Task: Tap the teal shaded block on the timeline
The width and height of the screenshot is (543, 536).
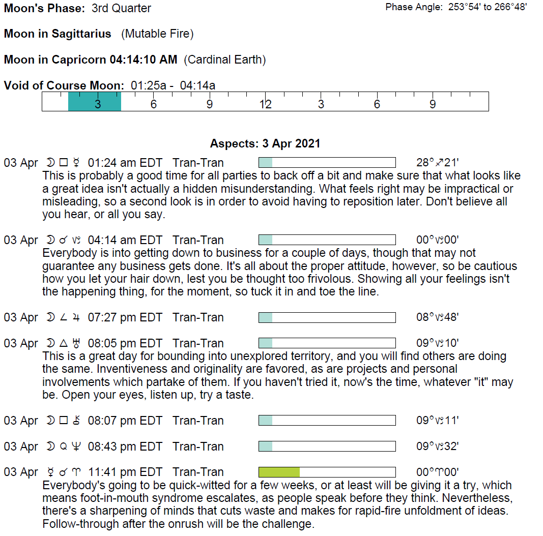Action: point(95,102)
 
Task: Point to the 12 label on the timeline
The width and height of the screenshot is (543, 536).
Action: point(265,104)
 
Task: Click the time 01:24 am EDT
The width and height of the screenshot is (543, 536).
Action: point(125,163)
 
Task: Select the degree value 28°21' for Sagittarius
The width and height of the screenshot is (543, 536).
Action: point(437,163)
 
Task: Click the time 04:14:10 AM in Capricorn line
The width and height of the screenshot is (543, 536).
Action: point(143,59)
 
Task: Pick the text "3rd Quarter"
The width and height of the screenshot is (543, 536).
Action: point(121,8)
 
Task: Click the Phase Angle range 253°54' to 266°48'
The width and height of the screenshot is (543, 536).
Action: point(488,7)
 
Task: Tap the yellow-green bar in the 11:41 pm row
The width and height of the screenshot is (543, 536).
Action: point(279,472)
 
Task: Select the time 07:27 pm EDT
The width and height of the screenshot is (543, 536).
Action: point(125,317)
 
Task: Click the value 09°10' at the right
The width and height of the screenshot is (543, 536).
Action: point(437,343)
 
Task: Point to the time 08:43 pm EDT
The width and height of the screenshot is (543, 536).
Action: point(125,446)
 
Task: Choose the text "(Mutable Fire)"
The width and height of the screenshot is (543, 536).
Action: point(157,34)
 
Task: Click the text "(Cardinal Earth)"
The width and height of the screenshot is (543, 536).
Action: point(225,59)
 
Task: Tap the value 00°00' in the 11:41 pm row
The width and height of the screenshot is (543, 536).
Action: point(437,472)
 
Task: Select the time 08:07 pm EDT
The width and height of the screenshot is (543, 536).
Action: point(125,421)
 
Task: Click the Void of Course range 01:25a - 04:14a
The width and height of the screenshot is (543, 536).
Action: point(173,85)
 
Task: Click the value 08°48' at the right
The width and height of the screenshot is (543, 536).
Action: point(437,317)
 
